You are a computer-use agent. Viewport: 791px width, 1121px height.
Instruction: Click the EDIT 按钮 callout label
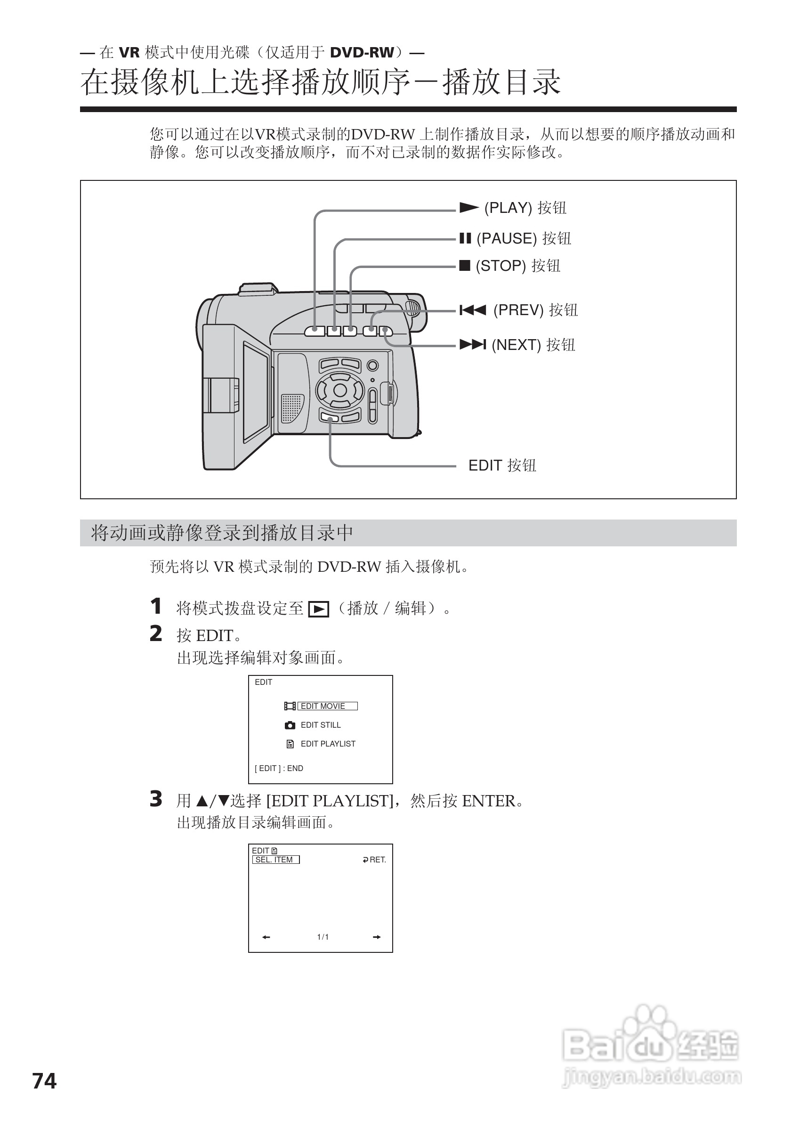coord(502,465)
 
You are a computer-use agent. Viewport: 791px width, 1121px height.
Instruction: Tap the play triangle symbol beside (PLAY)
coord(469,208)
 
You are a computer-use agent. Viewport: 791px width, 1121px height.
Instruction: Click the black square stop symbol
coord(465,266)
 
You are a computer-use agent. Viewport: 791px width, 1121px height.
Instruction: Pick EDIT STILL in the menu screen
coord(321,725)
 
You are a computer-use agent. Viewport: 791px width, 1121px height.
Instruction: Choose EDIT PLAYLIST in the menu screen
coord(328,744)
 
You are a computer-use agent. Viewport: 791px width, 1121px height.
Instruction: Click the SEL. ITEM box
coord(276,860)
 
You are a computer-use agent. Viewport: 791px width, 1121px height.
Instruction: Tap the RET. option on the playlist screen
coord(375,860)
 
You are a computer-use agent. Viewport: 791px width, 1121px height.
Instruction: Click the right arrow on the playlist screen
coord(377,937)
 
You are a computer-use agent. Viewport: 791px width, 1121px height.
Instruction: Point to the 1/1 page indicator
coord(323,937)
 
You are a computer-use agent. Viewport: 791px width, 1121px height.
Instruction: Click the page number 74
coord(44,1081)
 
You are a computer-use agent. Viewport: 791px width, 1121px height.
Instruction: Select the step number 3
coord(156,799)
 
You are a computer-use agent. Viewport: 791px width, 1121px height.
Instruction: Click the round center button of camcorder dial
coord(340,390)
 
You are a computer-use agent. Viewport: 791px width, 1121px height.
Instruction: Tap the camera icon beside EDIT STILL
coord(290,725)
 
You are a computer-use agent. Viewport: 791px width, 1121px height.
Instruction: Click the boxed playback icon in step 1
coord(319,609)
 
